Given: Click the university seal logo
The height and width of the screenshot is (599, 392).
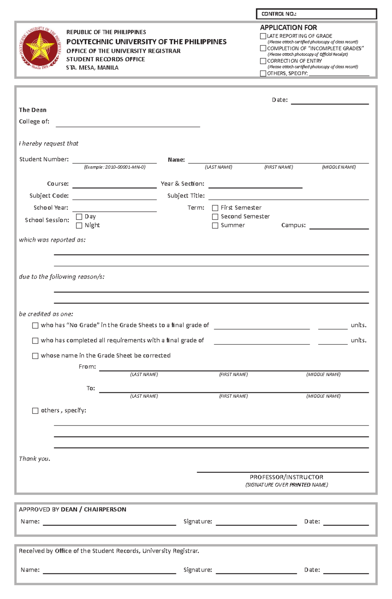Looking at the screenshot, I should coord(40,48).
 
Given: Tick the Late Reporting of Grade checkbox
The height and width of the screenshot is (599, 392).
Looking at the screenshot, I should coord(263,36).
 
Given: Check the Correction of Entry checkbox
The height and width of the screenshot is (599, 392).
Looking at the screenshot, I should coord(263,61).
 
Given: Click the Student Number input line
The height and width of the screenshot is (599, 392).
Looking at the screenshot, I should coord(114,160).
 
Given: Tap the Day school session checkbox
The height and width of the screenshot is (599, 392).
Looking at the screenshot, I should coord(79,217).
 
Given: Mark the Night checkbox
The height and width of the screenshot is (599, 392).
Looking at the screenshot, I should coord(79,226).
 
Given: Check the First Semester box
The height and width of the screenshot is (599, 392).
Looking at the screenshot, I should coord(215,208).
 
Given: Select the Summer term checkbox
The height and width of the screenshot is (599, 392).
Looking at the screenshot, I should coord(215,226).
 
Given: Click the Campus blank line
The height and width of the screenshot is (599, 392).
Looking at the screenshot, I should coord(339,226).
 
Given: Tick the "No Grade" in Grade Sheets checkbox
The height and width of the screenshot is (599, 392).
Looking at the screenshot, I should coord(35,325).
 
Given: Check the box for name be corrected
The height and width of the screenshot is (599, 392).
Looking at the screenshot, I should coord(35,356).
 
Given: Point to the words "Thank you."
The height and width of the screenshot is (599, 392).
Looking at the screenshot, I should coord(34,459).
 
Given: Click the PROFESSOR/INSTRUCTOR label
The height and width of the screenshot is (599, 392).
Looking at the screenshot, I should coord(286,477).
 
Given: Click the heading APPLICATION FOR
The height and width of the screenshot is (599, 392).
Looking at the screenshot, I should coord(288,28).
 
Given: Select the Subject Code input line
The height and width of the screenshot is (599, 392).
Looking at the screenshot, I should coord(114,197).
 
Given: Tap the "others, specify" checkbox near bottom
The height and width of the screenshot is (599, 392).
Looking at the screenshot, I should coord(35,411).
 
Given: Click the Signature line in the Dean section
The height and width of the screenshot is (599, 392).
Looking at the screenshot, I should coord(256,522).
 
